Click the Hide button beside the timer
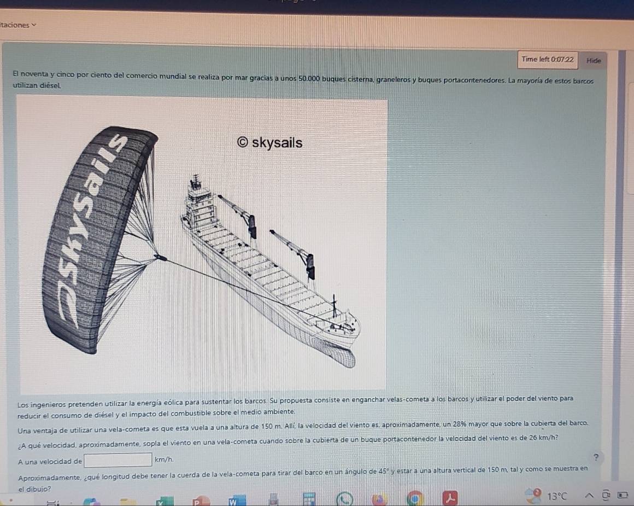pyautogui.click(x=594, y=61)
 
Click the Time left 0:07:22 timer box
pyautogui.click(x=548, y=60)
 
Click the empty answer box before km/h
pyautogui.click(x=118, y=460)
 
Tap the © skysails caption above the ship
pyautogui.click(x=269, y=142)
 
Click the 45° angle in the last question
pyautogui.click(x=381, y=471)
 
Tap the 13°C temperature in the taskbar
pyautogui.click(x=557, y=496)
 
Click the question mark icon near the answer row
pyautogui.click(x=596, y=457)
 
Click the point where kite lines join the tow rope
pyautogui.click(x=160, y=257)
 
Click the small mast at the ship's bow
pyautogui.click(x=334, y=306)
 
